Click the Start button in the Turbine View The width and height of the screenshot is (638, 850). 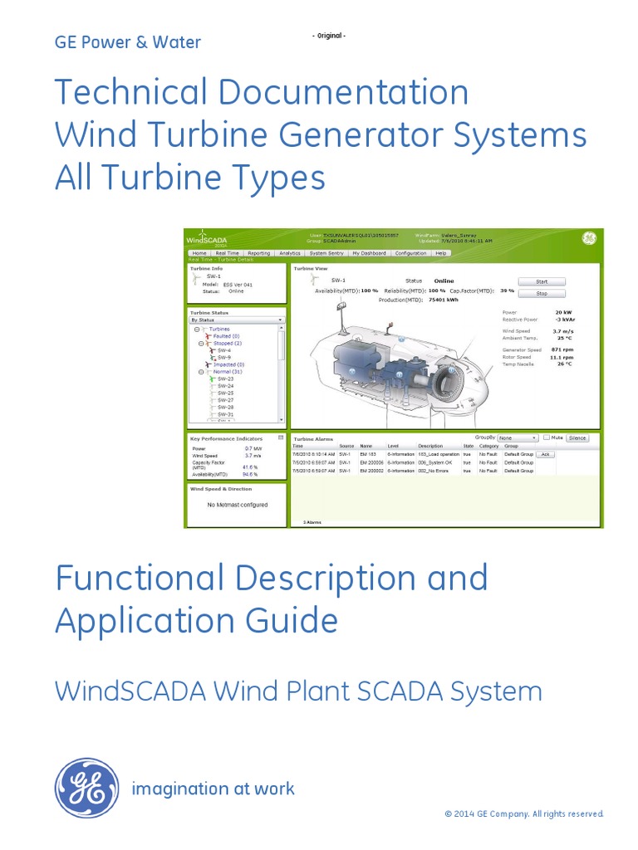[541, 281]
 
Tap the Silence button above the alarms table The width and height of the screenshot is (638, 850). [577, 437]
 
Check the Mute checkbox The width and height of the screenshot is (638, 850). [547, 437]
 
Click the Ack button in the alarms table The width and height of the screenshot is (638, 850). [545, 455]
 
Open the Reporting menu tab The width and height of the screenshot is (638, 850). [258, 253]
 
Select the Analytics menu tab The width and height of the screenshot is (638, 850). [290, 253]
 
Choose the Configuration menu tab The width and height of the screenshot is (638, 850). [410, 253]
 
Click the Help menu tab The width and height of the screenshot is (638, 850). [440, 253]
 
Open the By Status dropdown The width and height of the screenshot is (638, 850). [237, 320]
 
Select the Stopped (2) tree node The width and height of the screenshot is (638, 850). [227, 343]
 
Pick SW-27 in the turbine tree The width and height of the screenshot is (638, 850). [225, 400]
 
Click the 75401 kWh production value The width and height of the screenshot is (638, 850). [442, 300]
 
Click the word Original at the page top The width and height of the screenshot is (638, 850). [329, 36]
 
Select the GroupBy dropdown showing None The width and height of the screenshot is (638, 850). [518, 437]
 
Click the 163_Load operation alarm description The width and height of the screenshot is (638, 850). [439, 455]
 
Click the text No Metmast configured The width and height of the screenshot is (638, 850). [237, 505]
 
